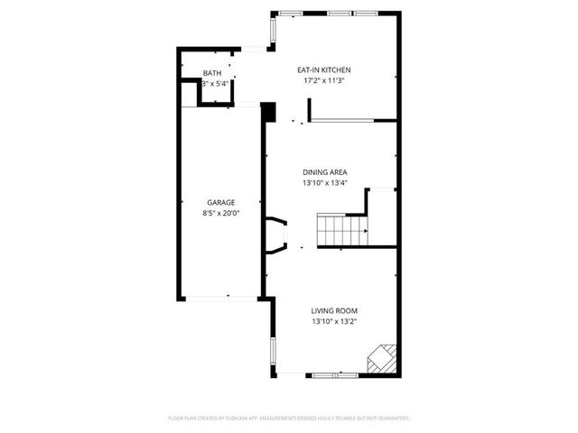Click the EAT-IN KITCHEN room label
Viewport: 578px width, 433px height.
click(x=324, y=69)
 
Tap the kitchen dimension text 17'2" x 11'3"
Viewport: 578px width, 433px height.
click(x=324, y=80)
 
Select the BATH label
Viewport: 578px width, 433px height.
click(x=211, y=73)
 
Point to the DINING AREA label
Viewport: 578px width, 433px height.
click(x=324, y=172)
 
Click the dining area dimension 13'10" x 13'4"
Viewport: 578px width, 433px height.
click(x=324, y=183)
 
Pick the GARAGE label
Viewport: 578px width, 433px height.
click(x=221, y=203)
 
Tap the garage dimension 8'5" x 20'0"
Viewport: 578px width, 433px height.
click(x=221, y=214)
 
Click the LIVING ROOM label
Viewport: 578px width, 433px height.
click(x=334, y=310)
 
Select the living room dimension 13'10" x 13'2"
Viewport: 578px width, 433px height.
click(x=334, y=321)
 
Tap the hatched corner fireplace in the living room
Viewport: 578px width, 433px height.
click(x=382, y=358)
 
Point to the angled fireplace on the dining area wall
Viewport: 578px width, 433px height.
click(x=276, y=235)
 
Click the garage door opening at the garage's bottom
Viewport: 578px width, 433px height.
click(x=219, y=297)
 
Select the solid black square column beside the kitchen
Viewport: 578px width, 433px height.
click(x=267, y=111)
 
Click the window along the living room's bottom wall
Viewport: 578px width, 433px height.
click(x=334, y=373)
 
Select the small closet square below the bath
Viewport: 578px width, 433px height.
click(x=210, y=94)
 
